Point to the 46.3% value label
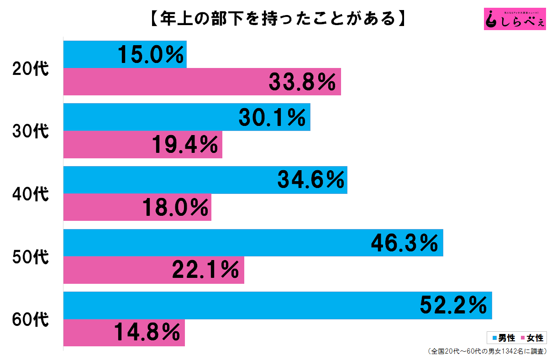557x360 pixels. point(405,243)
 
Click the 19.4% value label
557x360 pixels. point(184,145)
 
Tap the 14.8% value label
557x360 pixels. point(147,333)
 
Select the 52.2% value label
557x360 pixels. point(453,306)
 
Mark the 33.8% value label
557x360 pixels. point(303,82)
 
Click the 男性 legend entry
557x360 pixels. point(504,338)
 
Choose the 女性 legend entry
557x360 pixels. point(533,338)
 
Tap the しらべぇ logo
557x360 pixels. point(515,19)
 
